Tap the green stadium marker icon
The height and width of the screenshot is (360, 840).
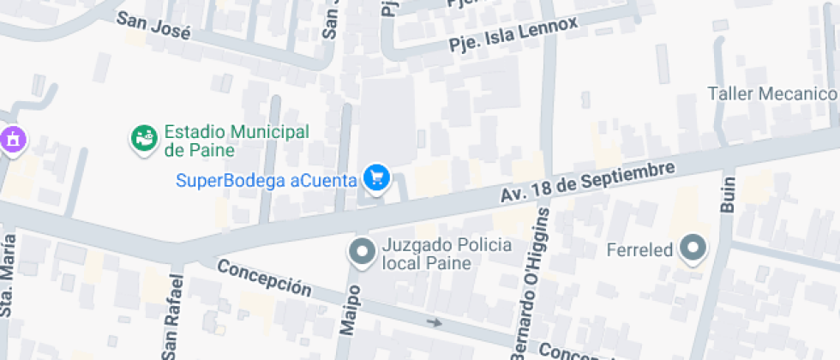click(x=143, y=137)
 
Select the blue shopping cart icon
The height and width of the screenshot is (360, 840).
click(x=376, y=178)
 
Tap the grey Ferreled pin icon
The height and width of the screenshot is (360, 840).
click(x=692, y=249)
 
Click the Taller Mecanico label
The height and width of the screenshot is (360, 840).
click(x=771, y=93)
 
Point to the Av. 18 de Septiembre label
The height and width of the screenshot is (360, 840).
click(x=588, y=183)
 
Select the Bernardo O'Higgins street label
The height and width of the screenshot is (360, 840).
click(x=537, y=296)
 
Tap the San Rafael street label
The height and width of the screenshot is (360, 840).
click(x=175, y=316)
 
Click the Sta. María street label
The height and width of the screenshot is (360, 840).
click(x=8, y=286)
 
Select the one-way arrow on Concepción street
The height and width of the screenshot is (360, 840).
click(x=435, y=323)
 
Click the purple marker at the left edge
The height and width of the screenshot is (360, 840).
click(x=13, y=138)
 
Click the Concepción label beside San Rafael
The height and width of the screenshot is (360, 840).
click(x=263, y=276)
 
